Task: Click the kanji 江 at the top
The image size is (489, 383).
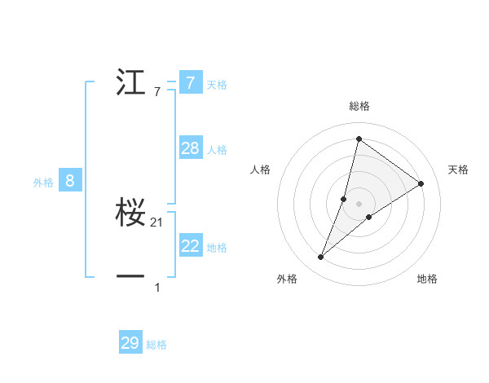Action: [130, 83]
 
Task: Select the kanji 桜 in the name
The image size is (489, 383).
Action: [130, 212]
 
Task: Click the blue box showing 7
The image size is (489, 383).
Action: [190, 83]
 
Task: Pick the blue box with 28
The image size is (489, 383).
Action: [190, 148]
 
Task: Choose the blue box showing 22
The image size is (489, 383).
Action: [190, 246]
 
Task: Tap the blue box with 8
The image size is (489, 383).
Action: [70, 181]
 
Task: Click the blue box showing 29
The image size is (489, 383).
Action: [130, 343]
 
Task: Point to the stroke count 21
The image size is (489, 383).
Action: [157, 222]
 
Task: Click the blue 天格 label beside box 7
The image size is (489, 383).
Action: [217, 85]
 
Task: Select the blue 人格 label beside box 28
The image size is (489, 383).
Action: [217, 150]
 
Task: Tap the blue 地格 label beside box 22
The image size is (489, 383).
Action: [217, 248]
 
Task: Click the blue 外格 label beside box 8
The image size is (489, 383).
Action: [43, 183]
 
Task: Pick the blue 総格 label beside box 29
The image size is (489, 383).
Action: [157, 345]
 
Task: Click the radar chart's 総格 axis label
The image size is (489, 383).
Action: [359, 106]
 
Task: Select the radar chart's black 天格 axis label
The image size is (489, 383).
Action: [458, 169]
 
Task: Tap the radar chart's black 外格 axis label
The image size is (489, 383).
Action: [287, 279]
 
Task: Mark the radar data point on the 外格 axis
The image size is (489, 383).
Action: [321, 258]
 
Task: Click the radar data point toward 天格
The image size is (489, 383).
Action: [421, 183]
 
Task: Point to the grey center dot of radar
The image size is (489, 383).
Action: [359, 203]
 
